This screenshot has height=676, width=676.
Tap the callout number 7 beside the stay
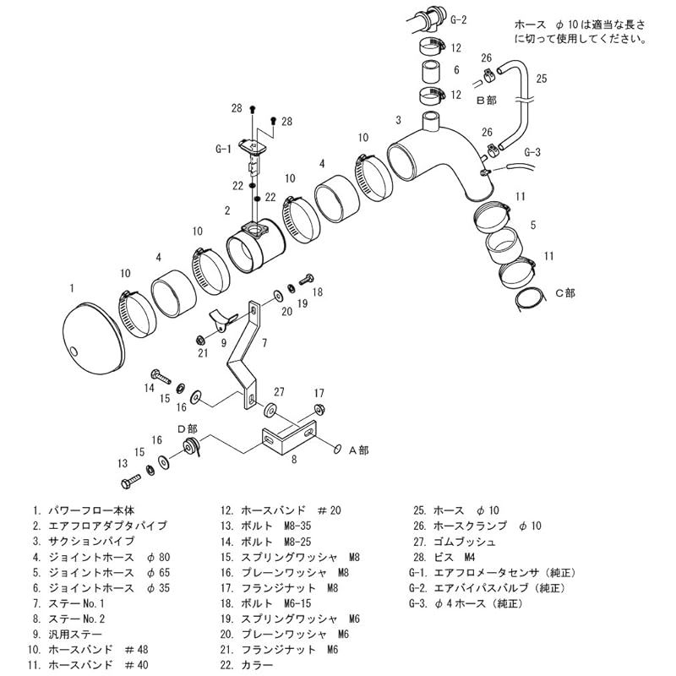(264, 342)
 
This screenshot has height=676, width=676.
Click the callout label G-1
(223, 149)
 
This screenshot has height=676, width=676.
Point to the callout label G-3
(532, 152)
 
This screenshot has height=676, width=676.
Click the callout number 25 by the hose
(542, 79)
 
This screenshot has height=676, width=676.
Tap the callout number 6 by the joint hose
(455, 70)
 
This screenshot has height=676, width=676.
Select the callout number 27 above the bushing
(279, 392)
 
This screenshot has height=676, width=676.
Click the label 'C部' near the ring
(564, 293)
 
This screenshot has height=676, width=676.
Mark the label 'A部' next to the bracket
(359, 450)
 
